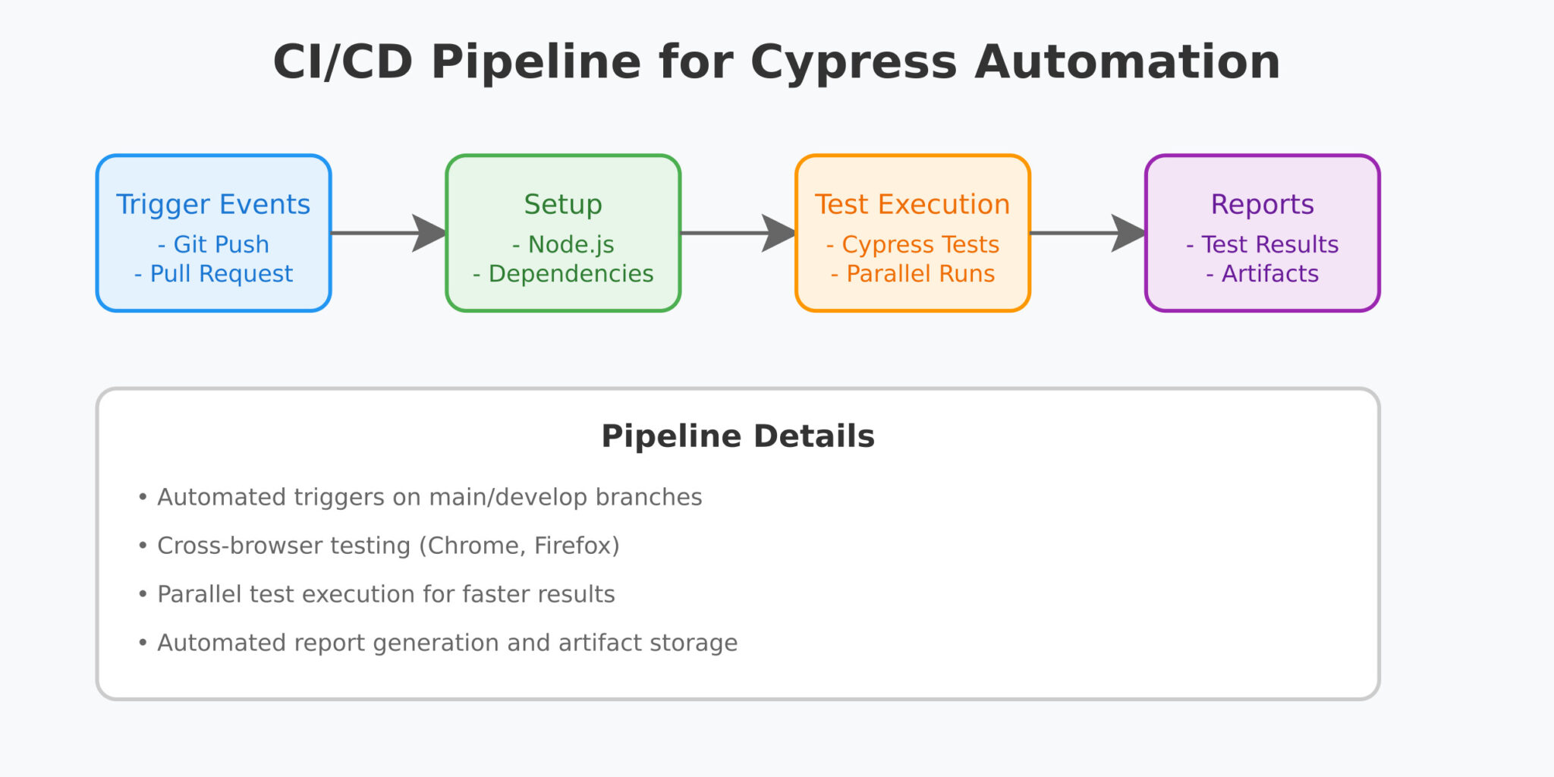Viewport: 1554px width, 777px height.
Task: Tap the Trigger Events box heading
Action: [x=213, y=204]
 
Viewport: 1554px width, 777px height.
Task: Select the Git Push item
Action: [x=213, y=244]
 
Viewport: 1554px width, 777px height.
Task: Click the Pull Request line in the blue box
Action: [x=213, y=273]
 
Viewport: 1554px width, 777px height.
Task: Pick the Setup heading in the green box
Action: [x=563, y=204]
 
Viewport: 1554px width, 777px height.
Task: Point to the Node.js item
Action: [x=563, y=244]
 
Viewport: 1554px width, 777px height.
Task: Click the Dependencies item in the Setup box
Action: [x=563, y=273]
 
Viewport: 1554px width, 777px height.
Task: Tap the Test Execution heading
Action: [x=912, y=204]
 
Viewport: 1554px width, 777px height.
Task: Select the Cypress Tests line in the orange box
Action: [x=912, y=244]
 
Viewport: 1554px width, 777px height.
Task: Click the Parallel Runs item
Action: [x=912, y=273]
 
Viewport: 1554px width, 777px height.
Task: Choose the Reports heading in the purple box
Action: [x=1262, y=204]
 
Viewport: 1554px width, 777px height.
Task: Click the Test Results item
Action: [x=1262, y=244]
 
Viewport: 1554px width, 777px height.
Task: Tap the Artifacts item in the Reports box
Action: [x=1262, y=273]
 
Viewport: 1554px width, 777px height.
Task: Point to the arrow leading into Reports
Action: [x=1087, y=233]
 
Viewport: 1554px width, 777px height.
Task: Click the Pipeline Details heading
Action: [x=738, y=436]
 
